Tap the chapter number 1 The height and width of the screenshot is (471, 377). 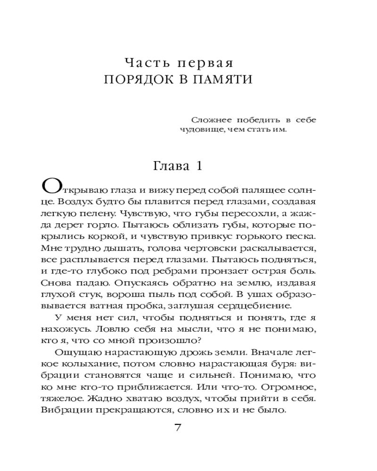(199, 166)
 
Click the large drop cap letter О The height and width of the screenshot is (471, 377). (51, 187)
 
